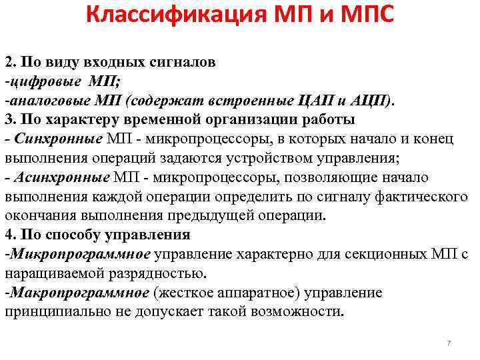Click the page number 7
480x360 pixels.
point(449,343)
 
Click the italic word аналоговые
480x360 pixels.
point(42,101)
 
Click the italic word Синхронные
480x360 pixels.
point(61,139)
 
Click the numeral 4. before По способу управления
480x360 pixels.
point(10,235)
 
